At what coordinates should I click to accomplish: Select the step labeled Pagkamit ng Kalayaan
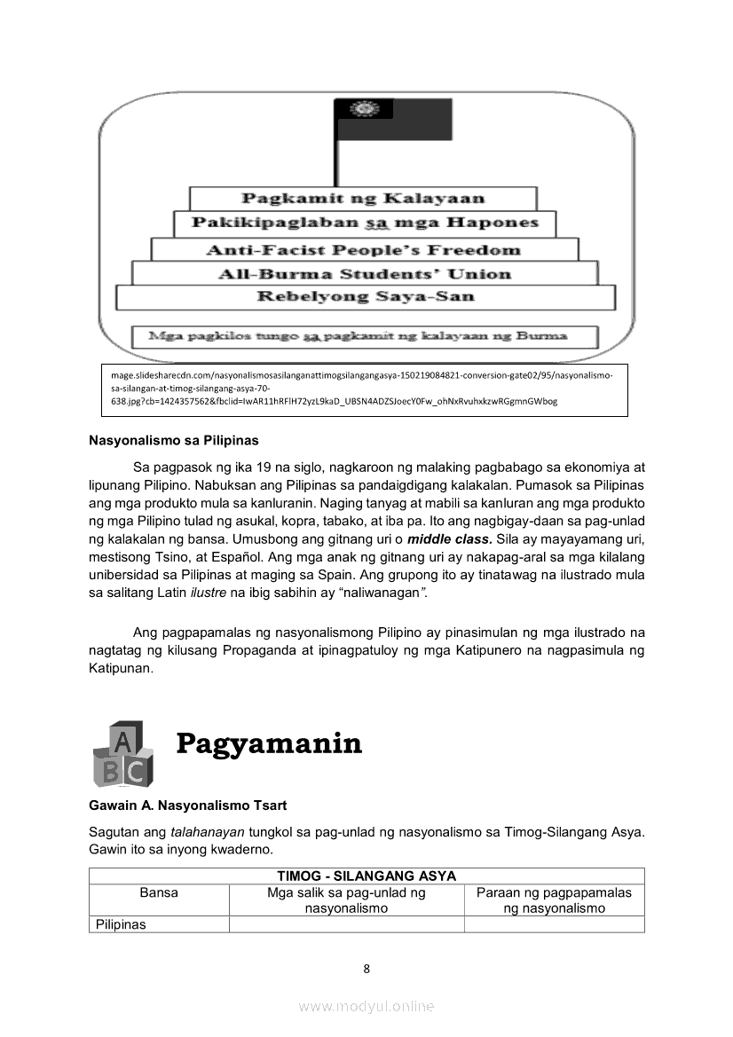click(363, 199)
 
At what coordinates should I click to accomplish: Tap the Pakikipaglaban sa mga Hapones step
click(365, 223)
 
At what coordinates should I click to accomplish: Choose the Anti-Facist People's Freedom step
click(363, 249)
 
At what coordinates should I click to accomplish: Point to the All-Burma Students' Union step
click(365, 273)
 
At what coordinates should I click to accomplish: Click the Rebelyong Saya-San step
click(365, 297)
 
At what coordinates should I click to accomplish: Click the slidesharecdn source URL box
click(365, 389)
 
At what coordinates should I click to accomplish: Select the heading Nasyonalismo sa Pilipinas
click(173, 439)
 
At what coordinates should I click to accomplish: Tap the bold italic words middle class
click(450, 538)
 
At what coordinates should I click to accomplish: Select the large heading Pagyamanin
click(269, 742)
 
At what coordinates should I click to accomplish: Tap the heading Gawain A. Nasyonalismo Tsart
click(187, 805)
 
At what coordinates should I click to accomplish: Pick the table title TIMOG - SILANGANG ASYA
click(366, 876)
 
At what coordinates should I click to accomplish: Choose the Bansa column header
click(159, 892)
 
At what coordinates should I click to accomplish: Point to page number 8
click(366, 968)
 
